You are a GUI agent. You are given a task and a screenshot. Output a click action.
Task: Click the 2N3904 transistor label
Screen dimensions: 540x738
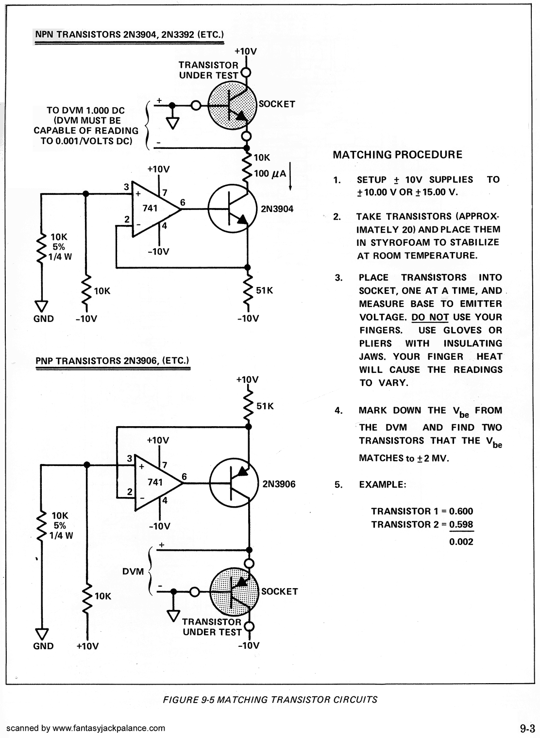click(x=277, y=209)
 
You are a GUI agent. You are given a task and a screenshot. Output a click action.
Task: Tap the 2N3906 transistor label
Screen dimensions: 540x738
click(x=279, y=484)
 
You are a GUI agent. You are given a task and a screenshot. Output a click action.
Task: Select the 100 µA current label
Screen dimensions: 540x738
click(x=270, y=174)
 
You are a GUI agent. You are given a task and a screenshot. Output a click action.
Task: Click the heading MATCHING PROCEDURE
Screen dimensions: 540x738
click(x=398, y=155)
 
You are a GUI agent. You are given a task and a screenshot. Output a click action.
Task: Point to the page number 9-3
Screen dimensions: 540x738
click(x=527, y=728)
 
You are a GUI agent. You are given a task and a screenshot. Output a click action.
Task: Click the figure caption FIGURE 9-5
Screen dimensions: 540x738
click(x=189, y=700)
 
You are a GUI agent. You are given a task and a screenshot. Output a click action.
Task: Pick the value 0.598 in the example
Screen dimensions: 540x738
click(x=461, y=524)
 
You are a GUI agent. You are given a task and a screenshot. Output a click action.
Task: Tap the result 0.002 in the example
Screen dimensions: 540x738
click(x=461, y=542)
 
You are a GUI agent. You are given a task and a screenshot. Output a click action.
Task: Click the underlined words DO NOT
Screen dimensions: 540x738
click(x=430, y=317)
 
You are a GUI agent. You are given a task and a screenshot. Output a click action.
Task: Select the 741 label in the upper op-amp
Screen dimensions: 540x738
click(x=150, y=208)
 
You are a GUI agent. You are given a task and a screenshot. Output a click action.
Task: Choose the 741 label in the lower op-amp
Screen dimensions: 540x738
click(x=155, y=482)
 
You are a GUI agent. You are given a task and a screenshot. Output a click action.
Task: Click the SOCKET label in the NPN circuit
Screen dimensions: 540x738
click(x=277, y=104)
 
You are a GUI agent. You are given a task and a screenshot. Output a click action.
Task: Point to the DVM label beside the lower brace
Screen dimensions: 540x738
click(x=133, y=571)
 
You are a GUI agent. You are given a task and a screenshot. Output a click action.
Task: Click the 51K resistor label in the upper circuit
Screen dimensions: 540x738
click(x=265, y=290)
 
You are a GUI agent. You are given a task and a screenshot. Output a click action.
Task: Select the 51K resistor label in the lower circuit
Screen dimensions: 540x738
click(x=265, y=406)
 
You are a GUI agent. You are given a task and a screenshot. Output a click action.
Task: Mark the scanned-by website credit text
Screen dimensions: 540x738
click(x=86, y=728)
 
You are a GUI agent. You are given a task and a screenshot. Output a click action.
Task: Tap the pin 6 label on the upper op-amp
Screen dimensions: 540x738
click(x=183, y=202)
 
